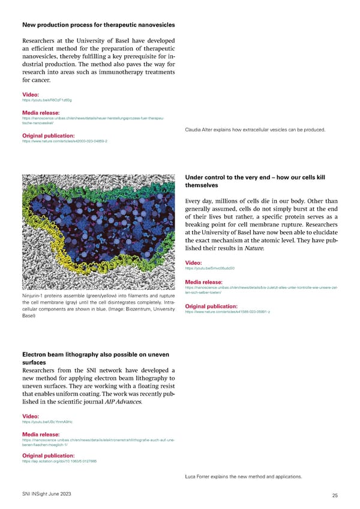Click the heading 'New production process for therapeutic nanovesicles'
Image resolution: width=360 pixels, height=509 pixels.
click(98, 25)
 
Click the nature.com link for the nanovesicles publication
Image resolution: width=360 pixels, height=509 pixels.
click(64, 141)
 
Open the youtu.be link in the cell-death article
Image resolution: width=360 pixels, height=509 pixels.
click(209, 268)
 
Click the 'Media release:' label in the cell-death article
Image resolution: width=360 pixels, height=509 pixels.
click(204, 282)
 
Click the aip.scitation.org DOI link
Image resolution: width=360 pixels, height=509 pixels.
click(59, 461)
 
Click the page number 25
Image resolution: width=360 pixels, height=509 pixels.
click(334, 495)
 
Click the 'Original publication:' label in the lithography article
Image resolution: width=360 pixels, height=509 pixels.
click(48, 455)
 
